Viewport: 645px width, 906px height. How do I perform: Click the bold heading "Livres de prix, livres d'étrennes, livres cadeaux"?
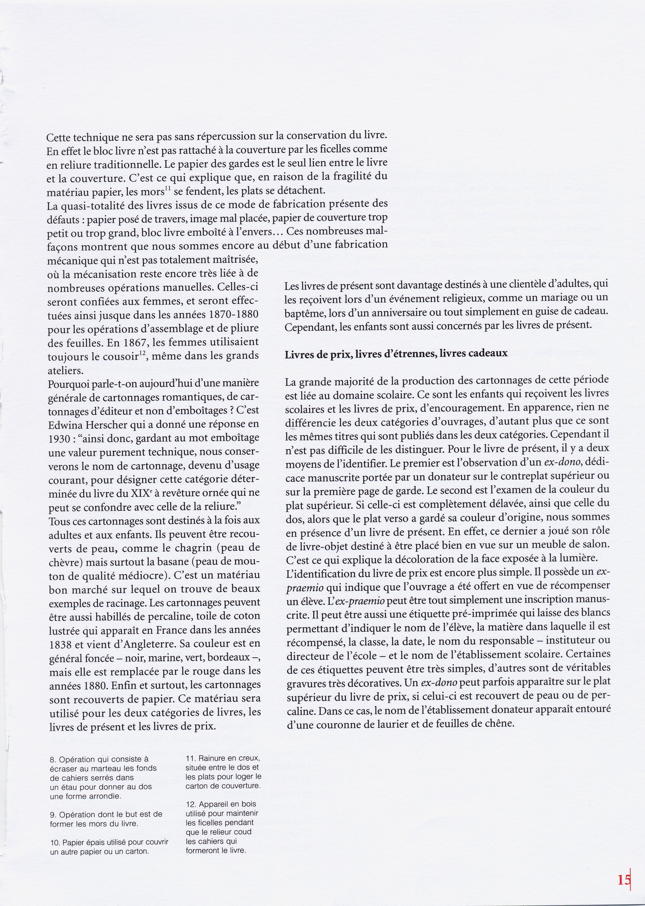pos(396,354)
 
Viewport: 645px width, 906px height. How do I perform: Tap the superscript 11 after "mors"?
pos(168,189)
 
